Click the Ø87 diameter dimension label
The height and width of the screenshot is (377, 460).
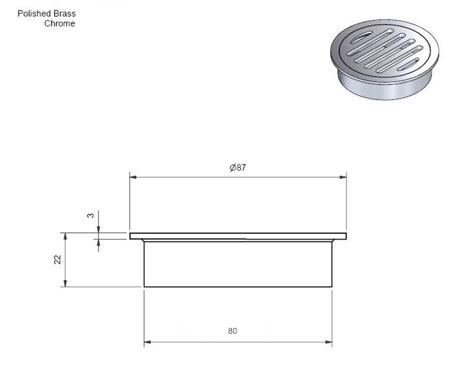coord(238,167)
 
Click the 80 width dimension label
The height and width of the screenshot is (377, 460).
coord(233,331)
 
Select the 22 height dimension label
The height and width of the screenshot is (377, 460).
coord(57,260)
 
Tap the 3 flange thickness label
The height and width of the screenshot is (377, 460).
coord(91,216)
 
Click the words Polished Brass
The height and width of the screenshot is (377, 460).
coord(46,14)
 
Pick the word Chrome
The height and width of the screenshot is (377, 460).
coord(59,23)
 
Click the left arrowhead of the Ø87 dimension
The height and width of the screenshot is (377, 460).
coord(133,177)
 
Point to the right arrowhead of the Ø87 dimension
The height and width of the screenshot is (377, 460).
coord(343,177)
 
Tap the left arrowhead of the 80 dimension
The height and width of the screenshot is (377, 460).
coord(148,342)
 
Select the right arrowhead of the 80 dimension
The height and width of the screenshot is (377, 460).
coord(329,342)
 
